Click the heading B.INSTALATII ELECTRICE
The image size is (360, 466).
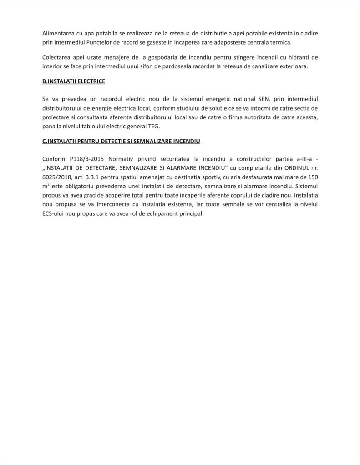point(73,81)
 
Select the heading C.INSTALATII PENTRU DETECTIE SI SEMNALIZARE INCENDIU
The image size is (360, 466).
point(121,141)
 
